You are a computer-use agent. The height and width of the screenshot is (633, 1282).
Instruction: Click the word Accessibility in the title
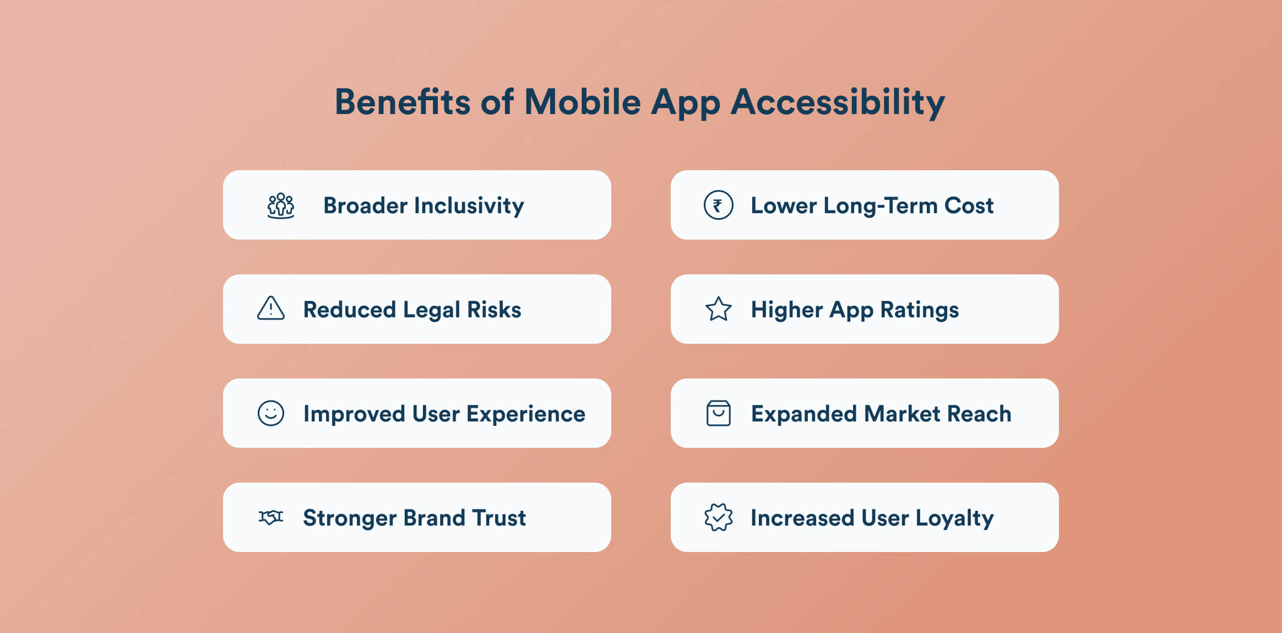pos(838,102)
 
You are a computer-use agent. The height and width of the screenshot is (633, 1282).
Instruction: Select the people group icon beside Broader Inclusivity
pos(281,205)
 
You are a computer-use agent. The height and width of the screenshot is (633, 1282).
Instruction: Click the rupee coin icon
pos(719,205)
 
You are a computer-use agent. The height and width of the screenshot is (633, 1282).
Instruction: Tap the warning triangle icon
pos(271,309)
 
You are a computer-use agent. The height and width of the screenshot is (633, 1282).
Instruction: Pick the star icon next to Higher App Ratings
pos(719,309)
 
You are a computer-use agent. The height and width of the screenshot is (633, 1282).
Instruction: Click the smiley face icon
pos(271,413)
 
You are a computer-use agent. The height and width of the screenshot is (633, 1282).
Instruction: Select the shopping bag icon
pos(719,413)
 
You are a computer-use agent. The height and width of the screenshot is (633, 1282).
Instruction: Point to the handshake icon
pos(271,517)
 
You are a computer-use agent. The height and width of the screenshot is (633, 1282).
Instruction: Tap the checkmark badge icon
pos(719,517)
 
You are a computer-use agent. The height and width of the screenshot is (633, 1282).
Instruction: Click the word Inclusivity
pos(469,206)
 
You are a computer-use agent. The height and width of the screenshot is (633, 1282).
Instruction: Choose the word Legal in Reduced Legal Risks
pos(432,310)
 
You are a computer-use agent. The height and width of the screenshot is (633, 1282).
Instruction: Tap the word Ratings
pos(920,310)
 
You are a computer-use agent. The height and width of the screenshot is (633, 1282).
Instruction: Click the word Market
pos(903,414)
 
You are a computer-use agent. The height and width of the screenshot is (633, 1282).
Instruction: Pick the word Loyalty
pos(955,518)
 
